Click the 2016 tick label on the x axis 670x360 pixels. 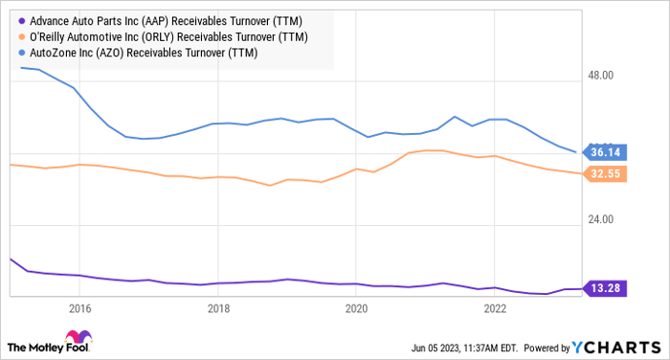[79, 309]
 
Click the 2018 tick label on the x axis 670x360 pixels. [218, 309]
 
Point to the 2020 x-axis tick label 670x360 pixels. [356, 309]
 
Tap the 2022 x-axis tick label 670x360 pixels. [495, 309]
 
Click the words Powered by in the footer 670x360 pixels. [545, 347]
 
